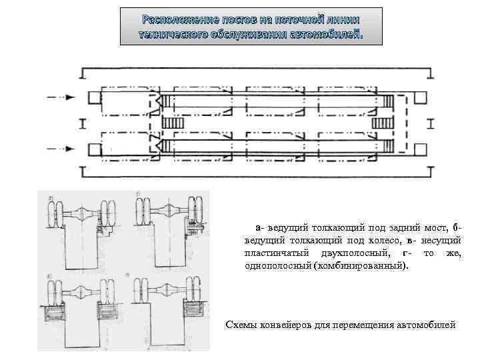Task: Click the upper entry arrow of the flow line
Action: pyautogui.click(x=61, y=97)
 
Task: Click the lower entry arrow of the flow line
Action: pyautogui.click(x=61, y=148)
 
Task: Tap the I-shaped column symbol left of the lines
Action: pyautogui.click(x=81, y=123)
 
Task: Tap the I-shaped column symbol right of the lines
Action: pyautogui.click(x=431, y=123)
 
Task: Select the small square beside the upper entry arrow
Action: pyautogui.click(x=92, y=98)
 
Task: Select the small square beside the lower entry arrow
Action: pyautogui.click(x=92, y=149)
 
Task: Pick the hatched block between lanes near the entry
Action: pyautogui.click(x=172, y=123)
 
